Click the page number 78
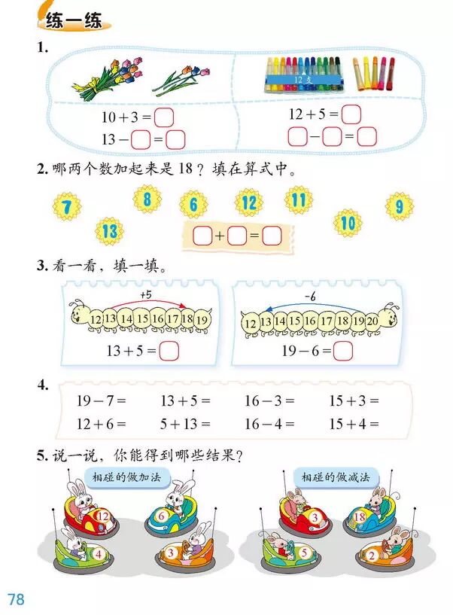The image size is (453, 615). pos(16,599)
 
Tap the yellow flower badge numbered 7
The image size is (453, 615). pos(66,205)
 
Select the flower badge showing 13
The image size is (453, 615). pos(110,230)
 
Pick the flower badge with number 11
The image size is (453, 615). pos(299,199)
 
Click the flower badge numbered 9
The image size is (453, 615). pos(399,206)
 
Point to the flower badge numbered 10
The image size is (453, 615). pos(347,223)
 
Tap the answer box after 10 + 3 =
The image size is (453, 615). pos(164,117)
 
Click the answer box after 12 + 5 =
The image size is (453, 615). pos(351,114)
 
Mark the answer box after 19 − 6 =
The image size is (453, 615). pos(343,350)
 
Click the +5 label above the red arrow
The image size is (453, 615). pos(145,294)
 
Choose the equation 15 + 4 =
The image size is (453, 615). pos(354,423)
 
